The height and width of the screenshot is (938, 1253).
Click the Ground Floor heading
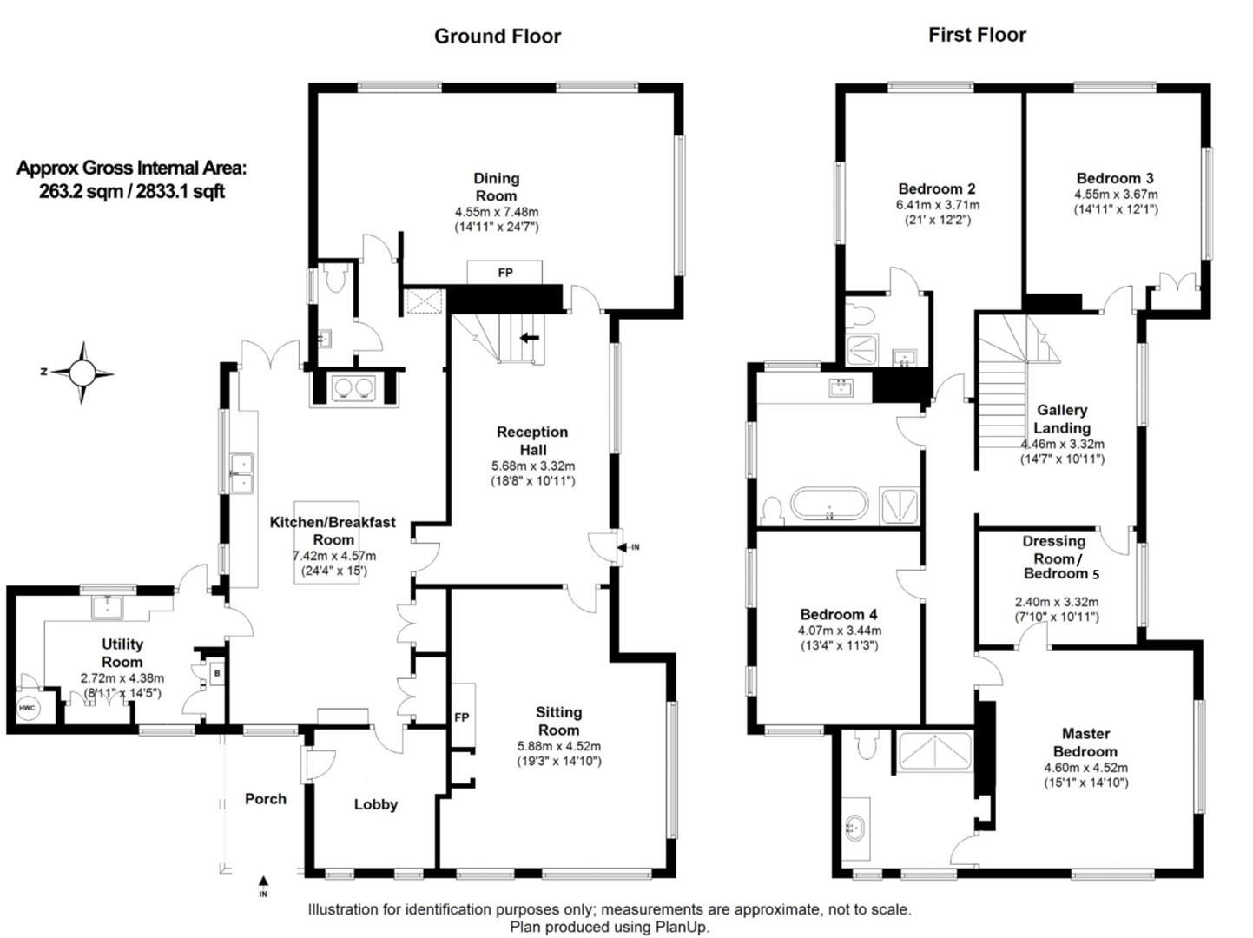pyautogui.click(x=497, y=36)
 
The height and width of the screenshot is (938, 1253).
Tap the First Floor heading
pyautogui.click(x=977, y=35)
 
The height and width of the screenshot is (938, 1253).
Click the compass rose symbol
pyautogui.click(x=82, y=373)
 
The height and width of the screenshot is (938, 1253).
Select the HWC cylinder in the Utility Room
pyautogui.click(x=27, y=708)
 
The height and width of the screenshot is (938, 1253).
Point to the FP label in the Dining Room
pyautogui.click(x=505, y=273)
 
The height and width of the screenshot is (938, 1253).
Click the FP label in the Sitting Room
pyautogui.click(x=461, y=717)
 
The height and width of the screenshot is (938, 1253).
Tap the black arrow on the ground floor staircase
pyautogui.click(x=529, y=338)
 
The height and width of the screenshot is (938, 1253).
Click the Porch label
pyautogui.click(x=266, y=799)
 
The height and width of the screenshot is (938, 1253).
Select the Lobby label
pyautogui.click(x=376, y=804)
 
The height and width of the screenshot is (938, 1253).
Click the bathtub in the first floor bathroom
pyautogui.click(x=829, y=504)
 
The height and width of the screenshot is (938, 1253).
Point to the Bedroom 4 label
pyautogui.click(x=838, y=614)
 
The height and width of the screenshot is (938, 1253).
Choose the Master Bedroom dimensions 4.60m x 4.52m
pyautogui.click(x=1085, y=768)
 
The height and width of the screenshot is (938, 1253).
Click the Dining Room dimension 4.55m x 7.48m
pyautogui.click(x=497, y=212)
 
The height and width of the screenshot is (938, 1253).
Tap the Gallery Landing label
pyautogui.click(x=1062, y=419)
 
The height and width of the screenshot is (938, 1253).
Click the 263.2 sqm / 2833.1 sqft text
pyautogui.click(x=132, y=191)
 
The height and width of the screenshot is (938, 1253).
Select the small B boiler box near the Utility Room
pyautogui.click(x=216, y=674)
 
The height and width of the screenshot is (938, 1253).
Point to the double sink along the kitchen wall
pyautogui.click(x=242, y=473)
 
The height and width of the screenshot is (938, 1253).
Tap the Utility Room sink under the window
pyautogui.click(x=108, y=606)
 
